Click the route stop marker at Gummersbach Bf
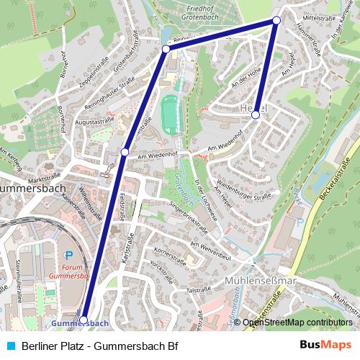tap(84, 319)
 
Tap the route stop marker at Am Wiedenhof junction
tap(125, 152)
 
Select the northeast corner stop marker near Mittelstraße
tap(276, 21)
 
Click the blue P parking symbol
tap(69, 256)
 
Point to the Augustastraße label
tap(102, 122)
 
